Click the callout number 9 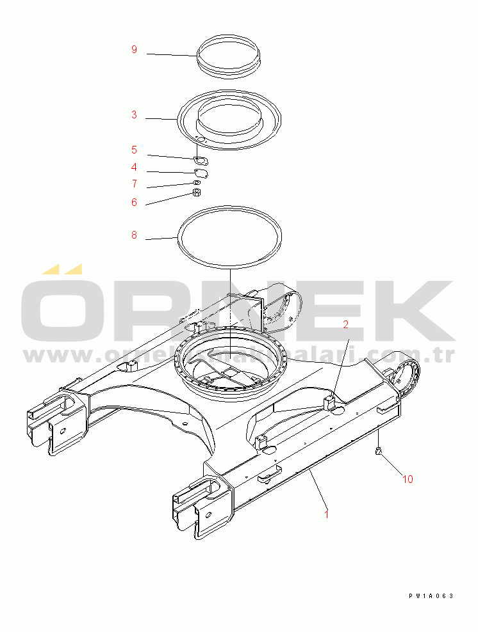[x=134, y=50]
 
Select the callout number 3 [x=134, y=115]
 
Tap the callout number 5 [x=134, y=150]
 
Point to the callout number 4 [x=134, y=167]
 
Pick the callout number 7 [x=134, y=184]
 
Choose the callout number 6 [x=134, y=202]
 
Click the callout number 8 [x=134, y=235]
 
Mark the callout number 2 [x=345, y=324]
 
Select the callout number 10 [x=408, y=477]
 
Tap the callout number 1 [x=327, y=513]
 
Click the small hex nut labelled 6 [x=198, y=193]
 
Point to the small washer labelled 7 [x=197, y=183]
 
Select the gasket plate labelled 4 [x=201, y=172]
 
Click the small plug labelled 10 [x=378, y=452]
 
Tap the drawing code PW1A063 [x=431, y=596]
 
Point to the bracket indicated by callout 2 [x=331, y=404]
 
